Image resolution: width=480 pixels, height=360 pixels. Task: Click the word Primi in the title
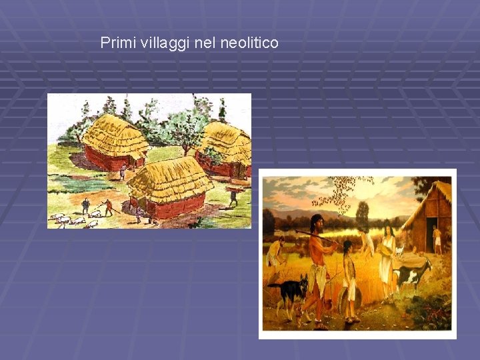[114, 43]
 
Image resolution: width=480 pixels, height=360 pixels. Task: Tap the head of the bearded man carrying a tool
[317, 222]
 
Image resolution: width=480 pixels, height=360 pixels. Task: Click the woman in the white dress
[387, 257]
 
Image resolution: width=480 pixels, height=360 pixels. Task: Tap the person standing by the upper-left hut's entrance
[123, 171]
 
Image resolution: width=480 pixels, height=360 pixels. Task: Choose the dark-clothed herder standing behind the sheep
[85, 206]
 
